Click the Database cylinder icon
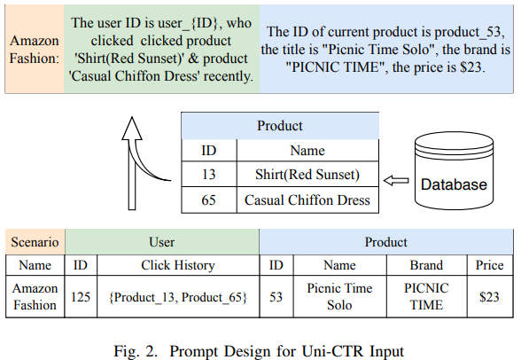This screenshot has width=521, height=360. [454, 170]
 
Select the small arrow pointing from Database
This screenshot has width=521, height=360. [396, 181]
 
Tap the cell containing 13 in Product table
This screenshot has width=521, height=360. [209, 174]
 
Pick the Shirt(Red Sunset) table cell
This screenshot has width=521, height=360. [307, 174]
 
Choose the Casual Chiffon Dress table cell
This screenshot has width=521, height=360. [307, 200]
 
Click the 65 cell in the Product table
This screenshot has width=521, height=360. [209, 200]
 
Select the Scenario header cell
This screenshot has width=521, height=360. [35, 242]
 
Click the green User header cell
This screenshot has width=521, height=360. [162, 242]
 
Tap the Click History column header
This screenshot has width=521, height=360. [178, 265]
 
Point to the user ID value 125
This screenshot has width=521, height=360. [81, 296]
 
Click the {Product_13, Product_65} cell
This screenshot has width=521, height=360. [178, 296]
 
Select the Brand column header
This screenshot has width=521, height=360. [427, 265]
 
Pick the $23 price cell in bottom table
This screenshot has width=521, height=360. [490, 296]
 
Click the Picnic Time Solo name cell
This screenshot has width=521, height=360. [339, 296]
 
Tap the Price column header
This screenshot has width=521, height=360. [490, 265]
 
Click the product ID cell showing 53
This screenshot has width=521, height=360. [276, 296]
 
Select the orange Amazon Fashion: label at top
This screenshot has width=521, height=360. [35, 49]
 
